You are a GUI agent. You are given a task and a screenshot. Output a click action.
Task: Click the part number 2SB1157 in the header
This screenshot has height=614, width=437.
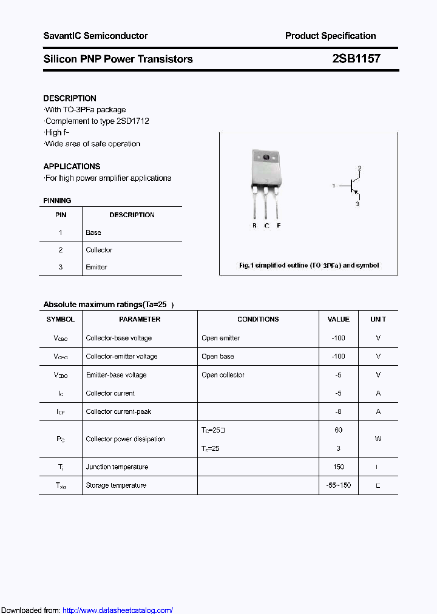(356, 59)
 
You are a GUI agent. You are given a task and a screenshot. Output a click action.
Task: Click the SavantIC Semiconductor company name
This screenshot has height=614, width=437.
(95, 36)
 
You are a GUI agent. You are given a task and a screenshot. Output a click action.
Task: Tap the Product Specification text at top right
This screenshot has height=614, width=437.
(330, 36)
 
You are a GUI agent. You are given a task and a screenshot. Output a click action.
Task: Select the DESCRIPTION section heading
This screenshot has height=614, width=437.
(70, 98)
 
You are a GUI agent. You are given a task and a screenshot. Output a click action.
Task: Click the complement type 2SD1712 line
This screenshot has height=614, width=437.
(97, 121)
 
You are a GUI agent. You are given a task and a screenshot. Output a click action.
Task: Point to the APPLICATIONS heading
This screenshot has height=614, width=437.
(72, 166)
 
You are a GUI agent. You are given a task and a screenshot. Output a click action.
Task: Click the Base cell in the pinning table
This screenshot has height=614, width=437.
(93, 232)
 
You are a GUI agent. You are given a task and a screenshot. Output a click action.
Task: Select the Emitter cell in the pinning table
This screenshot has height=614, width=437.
(97, 267)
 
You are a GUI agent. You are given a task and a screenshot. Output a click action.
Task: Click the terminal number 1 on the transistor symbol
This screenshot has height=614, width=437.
(333, 186)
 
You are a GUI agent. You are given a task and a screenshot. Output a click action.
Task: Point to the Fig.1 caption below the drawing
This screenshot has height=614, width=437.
(308, 265)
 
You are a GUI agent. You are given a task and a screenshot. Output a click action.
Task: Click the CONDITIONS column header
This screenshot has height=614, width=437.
(258, 319)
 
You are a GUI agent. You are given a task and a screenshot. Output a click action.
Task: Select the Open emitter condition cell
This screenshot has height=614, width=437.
(221, 338)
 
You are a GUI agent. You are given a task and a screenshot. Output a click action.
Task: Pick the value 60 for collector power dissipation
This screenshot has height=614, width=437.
(338, 430)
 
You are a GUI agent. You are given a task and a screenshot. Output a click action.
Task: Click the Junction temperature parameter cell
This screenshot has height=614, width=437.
(117, 467)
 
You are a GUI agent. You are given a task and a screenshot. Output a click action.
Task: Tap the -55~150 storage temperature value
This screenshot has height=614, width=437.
(338, 485)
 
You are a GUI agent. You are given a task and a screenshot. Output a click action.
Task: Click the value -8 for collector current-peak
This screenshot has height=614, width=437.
(338, 411)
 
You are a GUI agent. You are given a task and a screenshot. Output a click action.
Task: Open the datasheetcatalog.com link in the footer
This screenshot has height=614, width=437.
(118, 610)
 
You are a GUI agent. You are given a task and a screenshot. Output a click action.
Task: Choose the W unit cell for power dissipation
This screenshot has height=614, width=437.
(378, 439)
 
